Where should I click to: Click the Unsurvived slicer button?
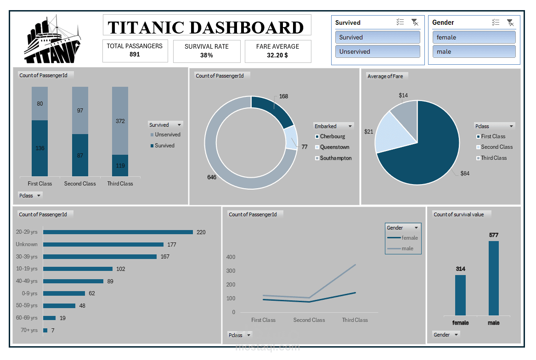pos(378,51)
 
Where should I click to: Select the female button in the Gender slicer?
pos(474,37)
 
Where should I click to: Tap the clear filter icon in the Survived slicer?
pos(414,22)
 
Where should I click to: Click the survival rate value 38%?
pos(207,55)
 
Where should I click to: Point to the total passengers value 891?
pos(135,54)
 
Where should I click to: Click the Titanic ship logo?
pos(52,40)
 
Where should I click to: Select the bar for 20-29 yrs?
pos(118,232)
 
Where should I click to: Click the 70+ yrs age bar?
pos(45,330)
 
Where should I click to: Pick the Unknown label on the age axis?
pos(27,244)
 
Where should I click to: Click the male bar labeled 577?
pos(493,278)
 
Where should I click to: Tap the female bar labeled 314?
pos(460,295)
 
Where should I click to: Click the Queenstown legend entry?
pos(334,147)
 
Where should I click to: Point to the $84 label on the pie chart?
pos(465,173)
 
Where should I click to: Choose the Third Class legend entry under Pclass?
pos(493,158)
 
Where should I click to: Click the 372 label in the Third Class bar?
pos(120,121)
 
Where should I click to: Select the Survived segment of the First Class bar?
pos(40,148)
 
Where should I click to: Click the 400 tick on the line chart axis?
pos(231,257)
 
